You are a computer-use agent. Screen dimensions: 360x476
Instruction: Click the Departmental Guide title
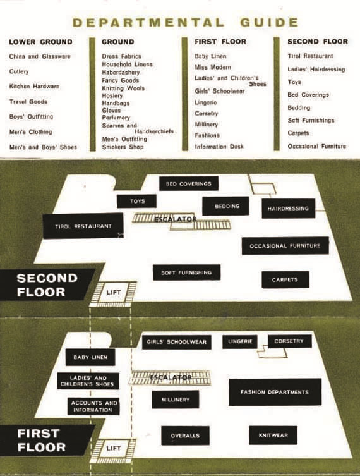(x=185, y=23)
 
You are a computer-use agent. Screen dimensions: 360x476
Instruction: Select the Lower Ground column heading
(x=40, y=42)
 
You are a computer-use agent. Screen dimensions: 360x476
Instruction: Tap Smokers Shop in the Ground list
(x=123, y=147)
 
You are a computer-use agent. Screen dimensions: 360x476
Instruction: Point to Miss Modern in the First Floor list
(x=213, y=67)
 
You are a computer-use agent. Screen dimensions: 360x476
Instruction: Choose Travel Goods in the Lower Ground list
(x=28, y=102)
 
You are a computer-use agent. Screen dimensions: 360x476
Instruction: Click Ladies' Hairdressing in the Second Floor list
(x=316, y=70)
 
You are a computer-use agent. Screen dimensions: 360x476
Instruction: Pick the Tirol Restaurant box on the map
(x=83, y=226)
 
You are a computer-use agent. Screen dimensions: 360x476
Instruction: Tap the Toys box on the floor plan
(x=137, y=201)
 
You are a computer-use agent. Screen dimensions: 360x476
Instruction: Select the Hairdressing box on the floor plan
(x=289, y=209)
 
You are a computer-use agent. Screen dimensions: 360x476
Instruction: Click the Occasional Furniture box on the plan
(x=285, y=246)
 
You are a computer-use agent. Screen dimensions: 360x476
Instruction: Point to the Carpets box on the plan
(x=285, y=279)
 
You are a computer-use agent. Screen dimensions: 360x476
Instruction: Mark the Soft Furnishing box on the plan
(x=186, y=272)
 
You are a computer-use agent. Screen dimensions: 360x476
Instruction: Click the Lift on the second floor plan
(x=114, y=293)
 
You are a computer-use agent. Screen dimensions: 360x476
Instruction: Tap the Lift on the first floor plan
(x=114, y=448)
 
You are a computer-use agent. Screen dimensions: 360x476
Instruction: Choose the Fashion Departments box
(x=275, y=392)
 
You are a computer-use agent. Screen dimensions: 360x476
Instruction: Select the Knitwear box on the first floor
(x=273, y=436)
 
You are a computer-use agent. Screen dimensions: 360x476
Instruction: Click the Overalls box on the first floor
(x=185, y=436)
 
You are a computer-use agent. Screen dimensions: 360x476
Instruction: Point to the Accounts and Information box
(x=93, y=406)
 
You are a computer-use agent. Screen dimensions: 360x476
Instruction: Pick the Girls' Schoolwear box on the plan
(x=176, y=342)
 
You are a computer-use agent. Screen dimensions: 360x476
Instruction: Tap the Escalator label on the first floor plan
(x=171, y=377)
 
